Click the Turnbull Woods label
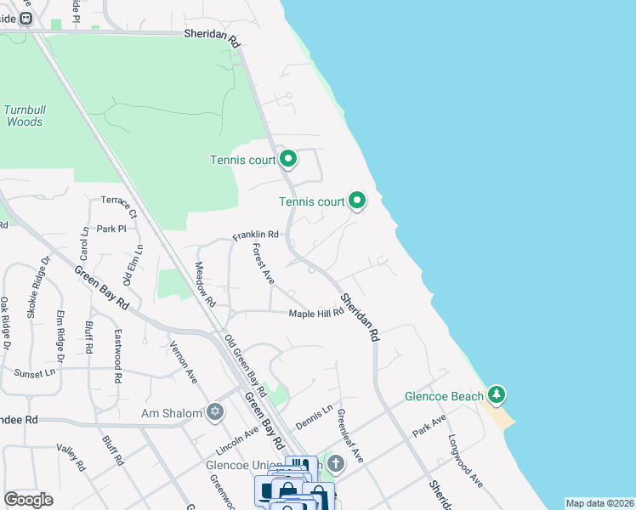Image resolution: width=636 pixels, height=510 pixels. (24, 116)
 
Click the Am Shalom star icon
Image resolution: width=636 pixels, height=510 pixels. (215, 413)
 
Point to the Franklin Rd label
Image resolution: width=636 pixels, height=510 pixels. (256, 235)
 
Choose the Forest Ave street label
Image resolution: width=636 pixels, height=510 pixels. (263, 263)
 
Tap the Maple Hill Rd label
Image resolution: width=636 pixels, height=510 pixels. (316, 313)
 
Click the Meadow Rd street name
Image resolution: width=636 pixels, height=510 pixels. (206, 284)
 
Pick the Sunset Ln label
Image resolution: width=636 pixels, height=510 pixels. (34, 372)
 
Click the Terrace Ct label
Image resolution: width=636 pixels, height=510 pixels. (119, 205)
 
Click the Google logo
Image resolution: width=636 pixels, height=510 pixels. (28, 500)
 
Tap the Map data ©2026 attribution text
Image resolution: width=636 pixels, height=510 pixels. (599, 503)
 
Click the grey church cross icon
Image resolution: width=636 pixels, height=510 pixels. (336, 463)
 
